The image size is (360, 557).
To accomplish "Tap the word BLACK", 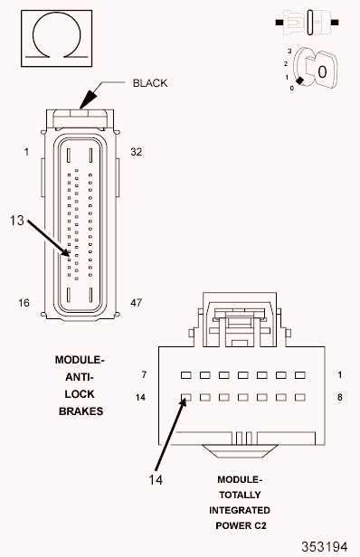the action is (150, 83).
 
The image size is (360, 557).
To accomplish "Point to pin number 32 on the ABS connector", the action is (136, 152).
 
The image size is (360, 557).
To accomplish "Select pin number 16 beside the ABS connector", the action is (24, 303).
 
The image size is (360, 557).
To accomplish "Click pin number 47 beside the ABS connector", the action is (136, 303).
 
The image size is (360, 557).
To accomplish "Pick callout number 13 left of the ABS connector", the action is (16, 221).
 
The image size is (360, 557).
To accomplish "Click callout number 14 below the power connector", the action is (156, 480).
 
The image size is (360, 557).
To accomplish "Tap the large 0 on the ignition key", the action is (322, 72).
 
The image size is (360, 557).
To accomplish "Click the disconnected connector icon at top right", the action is (307, 23).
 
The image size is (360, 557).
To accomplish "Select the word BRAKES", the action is (81, 411).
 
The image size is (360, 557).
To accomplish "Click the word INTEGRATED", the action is (240, 511).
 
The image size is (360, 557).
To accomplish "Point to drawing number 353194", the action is (325, 546).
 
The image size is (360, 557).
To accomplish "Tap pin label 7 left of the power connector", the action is (144, 374).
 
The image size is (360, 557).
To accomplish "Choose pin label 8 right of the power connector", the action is (340, 397).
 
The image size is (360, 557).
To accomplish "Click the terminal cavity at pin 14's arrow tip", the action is (185, 397).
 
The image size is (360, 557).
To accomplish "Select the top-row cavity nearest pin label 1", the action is (300, 375).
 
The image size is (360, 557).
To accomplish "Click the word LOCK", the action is (80, 394).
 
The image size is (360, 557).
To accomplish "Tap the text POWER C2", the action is (241, 525).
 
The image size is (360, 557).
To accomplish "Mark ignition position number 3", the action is (289, 52).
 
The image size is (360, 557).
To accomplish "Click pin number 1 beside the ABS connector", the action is (26, 152).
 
